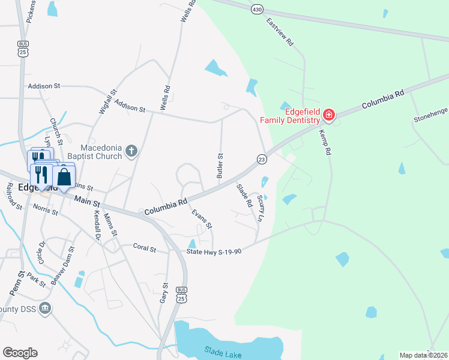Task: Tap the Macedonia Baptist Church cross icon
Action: point(131,152)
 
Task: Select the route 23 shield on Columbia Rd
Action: point(262,159)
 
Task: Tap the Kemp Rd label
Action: point(325,143)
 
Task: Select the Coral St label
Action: point(144,247)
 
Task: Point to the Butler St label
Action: point(220,165)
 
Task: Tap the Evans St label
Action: point(202,219)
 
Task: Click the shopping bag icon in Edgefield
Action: point(64,177)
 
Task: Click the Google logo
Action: point(20,352)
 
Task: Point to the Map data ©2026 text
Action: point(423,355)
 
